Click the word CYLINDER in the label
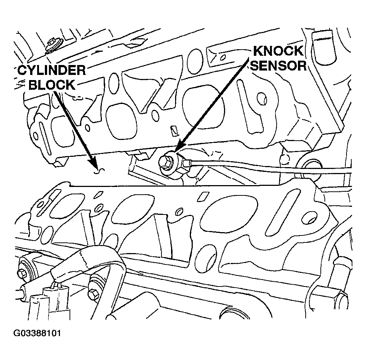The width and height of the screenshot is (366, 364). point(51,71)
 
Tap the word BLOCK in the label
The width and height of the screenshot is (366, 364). point(51,85)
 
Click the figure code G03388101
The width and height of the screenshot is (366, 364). point(37,334)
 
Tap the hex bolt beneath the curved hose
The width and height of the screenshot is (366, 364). point(93,294)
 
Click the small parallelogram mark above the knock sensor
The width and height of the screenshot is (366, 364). point(174,130)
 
